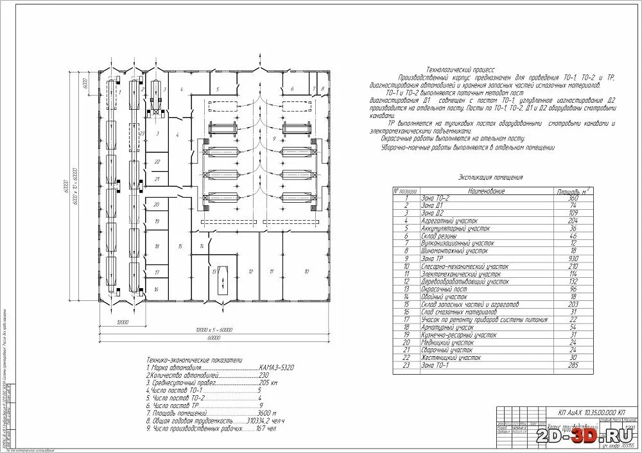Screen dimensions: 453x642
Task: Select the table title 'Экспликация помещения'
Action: pos(490,177)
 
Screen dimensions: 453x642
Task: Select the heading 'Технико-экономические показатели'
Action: pos(195,360)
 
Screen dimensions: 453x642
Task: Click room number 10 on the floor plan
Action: pos(306,272)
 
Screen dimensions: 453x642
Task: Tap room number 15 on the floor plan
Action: pos(181,246)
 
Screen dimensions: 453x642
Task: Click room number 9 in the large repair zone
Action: pos(273,139)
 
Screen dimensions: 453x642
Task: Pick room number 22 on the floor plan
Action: pos(157,162)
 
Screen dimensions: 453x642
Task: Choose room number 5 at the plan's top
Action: pos(218,89)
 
